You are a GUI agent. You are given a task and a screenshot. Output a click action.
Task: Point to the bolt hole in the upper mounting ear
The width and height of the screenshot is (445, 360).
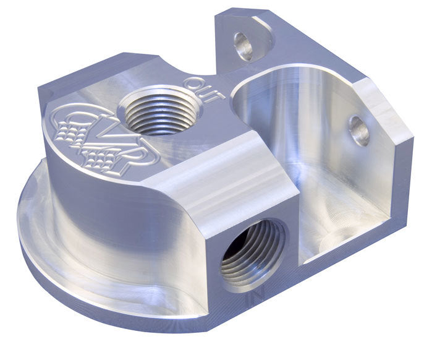[x=243, y=46]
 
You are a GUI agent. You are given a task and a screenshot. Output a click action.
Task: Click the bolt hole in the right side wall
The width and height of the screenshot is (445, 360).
[x=359, y=131]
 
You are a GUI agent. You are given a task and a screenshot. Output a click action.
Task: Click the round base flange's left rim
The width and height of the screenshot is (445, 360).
[x=28, y=229]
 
